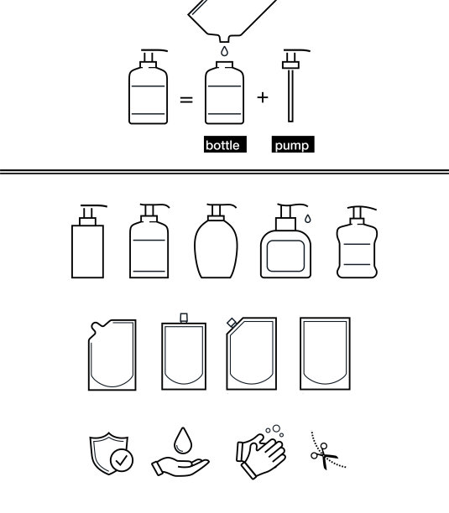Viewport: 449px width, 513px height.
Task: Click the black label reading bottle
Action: (x=225, y=144)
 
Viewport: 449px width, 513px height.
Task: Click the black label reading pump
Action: (x=293, y=144)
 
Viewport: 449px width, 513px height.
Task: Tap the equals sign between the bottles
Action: (x=186, y=100)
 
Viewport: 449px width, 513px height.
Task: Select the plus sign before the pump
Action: (x=263, y=97)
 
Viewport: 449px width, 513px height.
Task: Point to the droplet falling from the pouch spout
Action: (x=224, y=51)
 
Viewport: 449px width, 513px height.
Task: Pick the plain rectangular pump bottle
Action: (x=88, y=242)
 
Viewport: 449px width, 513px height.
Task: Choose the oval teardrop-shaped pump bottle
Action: (x=217, y=241)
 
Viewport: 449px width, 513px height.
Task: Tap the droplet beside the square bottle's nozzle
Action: (x=308, y=219)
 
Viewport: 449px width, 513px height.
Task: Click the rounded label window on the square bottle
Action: (x=285, y=256)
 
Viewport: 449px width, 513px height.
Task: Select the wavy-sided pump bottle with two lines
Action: (x=357, y=242)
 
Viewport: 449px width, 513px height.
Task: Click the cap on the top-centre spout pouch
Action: (x=184, y=318)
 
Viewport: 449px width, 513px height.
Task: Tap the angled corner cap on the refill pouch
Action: (x=232, y=323)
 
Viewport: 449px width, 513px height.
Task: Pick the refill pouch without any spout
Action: (x=325, y=354)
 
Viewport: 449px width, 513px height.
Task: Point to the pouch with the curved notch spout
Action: (x=112, y=355)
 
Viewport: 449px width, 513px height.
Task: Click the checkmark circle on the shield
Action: (x=122, y=460)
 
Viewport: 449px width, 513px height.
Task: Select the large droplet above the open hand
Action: (x=183, y=440)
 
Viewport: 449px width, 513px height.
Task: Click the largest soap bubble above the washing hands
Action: (x=276, y=428)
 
